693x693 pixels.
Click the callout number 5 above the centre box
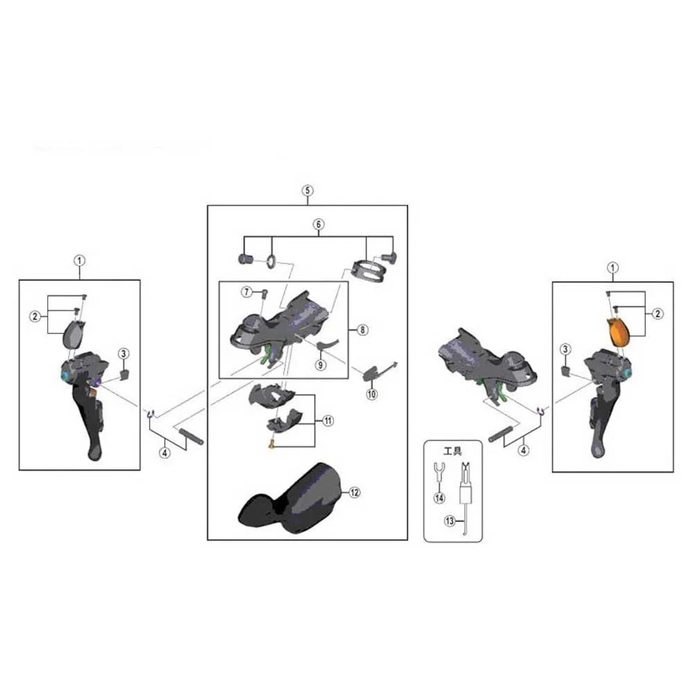308,191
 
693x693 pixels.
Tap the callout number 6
319,224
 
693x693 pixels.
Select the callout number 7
247,292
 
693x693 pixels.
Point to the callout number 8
362,330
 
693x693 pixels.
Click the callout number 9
320,365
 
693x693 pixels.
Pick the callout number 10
371,394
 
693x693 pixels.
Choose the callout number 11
328,421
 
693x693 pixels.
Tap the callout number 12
354,492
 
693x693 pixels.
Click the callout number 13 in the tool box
450,521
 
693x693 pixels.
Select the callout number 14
439,498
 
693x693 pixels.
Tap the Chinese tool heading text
453,451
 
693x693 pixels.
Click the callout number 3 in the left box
123,353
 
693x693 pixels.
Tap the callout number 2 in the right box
658,314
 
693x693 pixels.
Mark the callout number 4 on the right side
523,450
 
